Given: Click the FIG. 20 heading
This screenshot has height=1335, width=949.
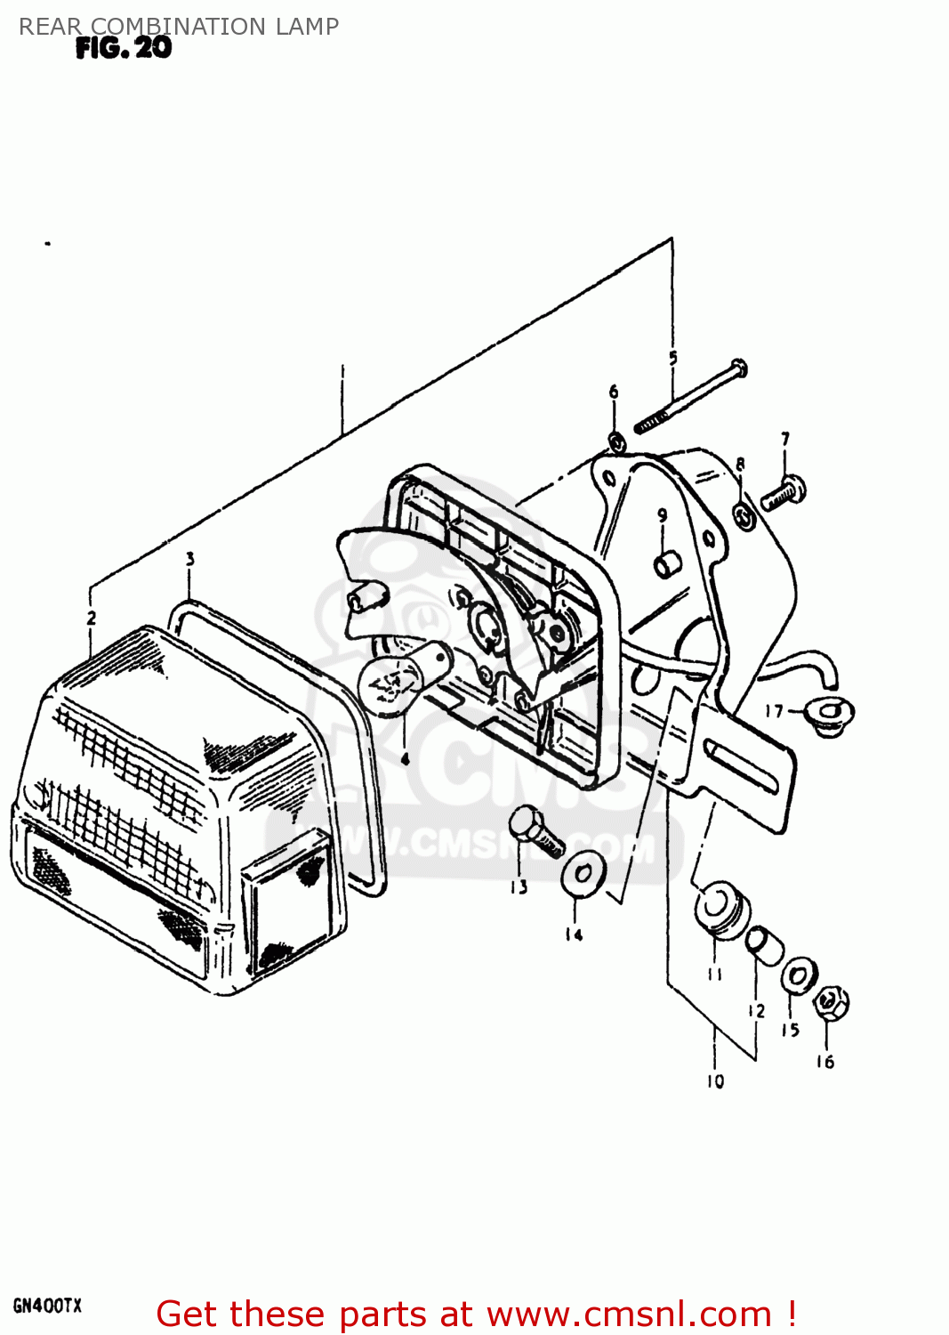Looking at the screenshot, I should pyautogui.click(x=124, y=48).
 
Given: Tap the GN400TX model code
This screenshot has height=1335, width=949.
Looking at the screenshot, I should pyautogui.click(x=47, y=1307).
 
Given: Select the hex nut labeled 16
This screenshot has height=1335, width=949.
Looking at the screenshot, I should pyautogui.click(x=830, y=1003).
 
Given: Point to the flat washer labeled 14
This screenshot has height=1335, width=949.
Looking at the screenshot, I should pyautogui.click(x=583, y=874).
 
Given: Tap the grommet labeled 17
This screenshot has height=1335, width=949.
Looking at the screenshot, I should pyautogui.click(x=829, y=714).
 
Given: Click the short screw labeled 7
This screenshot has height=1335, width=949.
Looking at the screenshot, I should pyautogui.click(x=784, y=493).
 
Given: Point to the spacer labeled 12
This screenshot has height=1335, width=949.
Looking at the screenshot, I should pyautogui.click(x=764, y=943).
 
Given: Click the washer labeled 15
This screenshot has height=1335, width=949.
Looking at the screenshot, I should pyautogui.click(x=799, y=976).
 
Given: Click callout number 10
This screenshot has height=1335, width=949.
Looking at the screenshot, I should pyautogui.click(x=716, y=1081).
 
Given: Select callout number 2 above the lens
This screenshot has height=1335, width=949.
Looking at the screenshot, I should pyautogui.click(x=92, y=618).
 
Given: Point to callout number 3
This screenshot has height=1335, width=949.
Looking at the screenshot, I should pyautogui.click(x=189, y=559).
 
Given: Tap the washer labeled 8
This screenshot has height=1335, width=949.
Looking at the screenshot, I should pyautogui.click(x=744, y=514).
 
